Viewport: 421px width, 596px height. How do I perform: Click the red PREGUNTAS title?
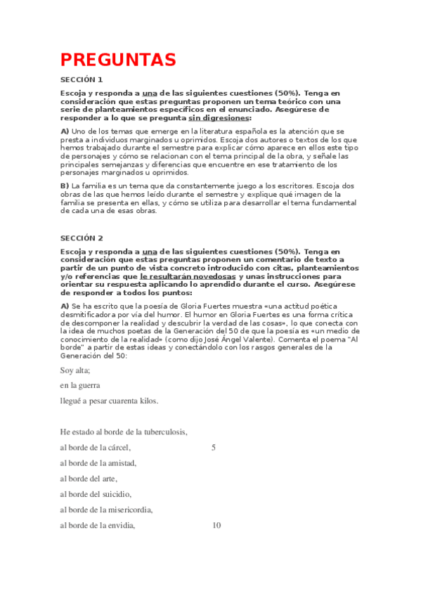click(x=117, y=59)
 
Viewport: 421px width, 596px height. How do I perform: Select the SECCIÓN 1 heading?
click(x=82, y=79)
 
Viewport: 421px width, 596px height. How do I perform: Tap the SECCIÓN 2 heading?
click(x=82, y=238)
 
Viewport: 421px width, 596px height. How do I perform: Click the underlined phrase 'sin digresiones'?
click(x=218, y=117)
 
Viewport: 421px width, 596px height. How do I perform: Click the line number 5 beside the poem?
click(x=214, y=448)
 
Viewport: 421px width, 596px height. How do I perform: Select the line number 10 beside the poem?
click(x=216, y=525)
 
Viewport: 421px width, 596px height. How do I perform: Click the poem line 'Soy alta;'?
click(x=75, y=370)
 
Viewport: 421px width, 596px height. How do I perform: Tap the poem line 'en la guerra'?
click(x=80, y=386)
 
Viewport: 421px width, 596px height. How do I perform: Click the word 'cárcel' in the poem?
click(x=117, y=448)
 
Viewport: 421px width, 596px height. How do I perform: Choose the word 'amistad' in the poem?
click(x=121, y=463)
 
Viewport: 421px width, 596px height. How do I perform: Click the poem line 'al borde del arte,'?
click(x=89, y=479)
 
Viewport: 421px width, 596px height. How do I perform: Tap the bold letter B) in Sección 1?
click(x=65, y=185)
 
